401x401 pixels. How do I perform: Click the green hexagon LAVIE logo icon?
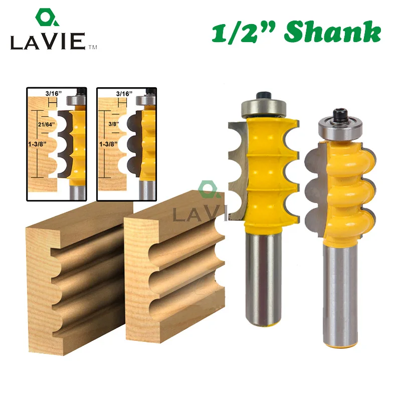click(x=47, y=18)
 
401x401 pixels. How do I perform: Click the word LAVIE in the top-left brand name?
click(x=48, y=41)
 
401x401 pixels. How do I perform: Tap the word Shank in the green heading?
click(x=332, y=32)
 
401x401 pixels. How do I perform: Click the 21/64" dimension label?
click(x=46, y=124)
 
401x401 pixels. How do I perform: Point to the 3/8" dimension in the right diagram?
click(x=114, y=124)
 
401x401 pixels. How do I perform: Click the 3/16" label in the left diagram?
click(x=54, y=93)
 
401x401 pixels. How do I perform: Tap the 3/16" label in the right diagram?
click(x=124, y=94)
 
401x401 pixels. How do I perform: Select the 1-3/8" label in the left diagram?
click(x=37, y=144)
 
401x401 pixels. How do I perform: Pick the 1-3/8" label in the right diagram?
click(x=108, y=144)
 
